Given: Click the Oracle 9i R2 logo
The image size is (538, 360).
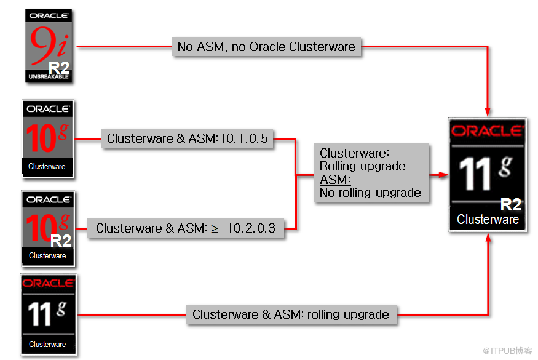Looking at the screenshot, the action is (x=49, y=46).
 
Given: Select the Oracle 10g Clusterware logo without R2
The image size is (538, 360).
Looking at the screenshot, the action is (x=48, y=139).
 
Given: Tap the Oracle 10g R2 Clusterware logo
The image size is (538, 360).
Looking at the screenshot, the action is (x=48, y=229).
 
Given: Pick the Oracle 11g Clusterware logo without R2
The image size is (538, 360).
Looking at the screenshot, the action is (x=49, y=314).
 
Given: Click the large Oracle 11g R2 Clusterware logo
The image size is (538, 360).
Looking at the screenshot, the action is (x=488, y=175).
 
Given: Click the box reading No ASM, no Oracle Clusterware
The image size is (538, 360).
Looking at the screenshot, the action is (x=267, y=47).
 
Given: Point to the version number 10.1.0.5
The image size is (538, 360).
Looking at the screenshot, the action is (x=243, y=138).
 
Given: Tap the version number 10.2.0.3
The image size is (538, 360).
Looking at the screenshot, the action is (x=251, y=228).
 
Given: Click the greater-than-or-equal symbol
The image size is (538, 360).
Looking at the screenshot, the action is (x=215, y=229).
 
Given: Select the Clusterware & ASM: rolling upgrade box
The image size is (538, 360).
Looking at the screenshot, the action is (x=291, y=314).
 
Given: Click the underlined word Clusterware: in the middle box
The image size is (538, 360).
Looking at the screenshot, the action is (x=354, y=153).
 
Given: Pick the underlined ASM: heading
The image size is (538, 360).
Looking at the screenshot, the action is (x=335, y=180).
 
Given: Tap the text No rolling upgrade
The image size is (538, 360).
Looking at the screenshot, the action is (x=370, y=193).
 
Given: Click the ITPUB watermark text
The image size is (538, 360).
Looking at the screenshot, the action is (x=507, y=351).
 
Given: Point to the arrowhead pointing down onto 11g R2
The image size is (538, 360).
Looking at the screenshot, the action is (x=488, y=112).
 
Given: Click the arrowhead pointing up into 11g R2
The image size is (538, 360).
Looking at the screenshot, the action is (x=488, y=238).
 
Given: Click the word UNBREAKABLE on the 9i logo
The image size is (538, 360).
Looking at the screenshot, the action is (x=49, y=76).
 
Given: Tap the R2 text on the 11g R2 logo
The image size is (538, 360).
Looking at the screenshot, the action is (x=511, y=205).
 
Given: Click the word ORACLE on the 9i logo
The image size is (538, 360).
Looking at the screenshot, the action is (x=49, y=15).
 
